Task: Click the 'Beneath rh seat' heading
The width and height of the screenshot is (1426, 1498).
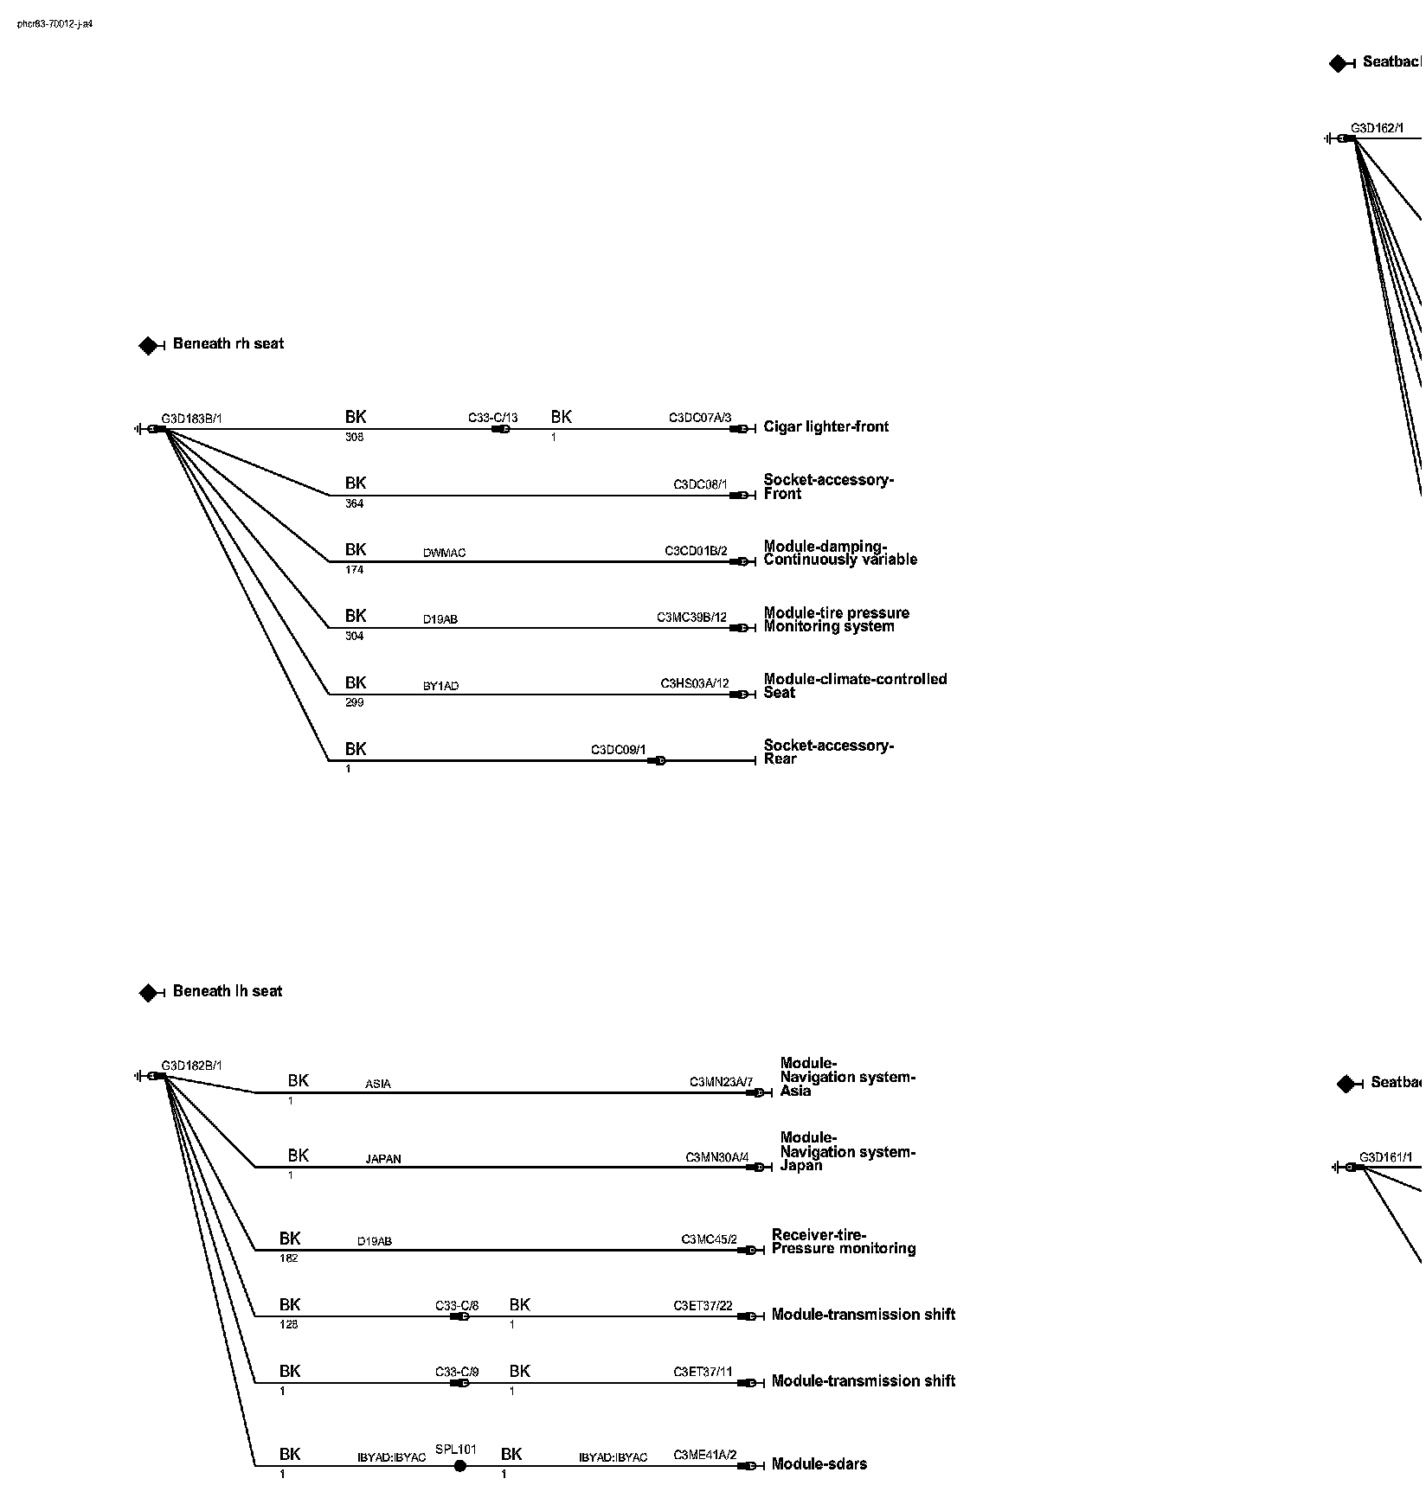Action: coord(228,343)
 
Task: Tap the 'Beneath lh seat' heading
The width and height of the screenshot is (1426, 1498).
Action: coord(228,991)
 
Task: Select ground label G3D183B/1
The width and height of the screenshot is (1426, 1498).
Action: coord(191,419)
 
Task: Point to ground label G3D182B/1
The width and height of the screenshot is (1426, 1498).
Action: coord(191,1066)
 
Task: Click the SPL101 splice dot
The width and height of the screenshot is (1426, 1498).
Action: coord(460,1465)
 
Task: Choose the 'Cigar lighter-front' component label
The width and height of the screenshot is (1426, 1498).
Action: coord(825,426)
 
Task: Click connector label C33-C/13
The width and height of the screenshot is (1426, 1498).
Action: coord(493,418)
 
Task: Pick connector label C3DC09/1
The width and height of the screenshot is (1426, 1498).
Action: coord(618,749)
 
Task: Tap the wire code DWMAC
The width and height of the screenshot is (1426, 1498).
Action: coord(444,553)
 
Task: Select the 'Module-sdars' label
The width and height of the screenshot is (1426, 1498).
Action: coord(819,1463)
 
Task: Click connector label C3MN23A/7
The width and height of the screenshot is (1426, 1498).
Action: coord(721,1082)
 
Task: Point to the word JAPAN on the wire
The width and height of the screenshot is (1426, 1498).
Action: coord(382,1159)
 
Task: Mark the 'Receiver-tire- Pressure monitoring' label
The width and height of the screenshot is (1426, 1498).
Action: coord(843,1241)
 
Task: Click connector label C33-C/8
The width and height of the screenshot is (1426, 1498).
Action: coord(457,1305)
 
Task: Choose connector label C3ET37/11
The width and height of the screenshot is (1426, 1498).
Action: coord(703,1372)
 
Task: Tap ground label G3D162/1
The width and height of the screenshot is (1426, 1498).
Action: coord(1377,129)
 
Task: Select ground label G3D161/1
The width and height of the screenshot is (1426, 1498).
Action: coord(1385,1157)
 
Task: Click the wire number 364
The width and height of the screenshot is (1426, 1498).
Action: coord(355,503)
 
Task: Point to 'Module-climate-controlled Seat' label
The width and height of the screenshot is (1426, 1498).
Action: coord(855,686)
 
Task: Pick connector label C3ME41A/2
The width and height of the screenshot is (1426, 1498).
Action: coord(704,1455)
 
